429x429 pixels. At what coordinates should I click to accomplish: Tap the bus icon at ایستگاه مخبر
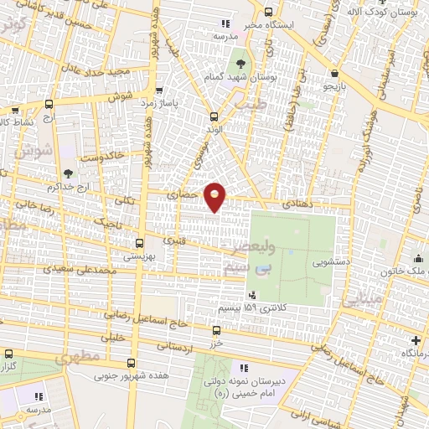tap(268, 12)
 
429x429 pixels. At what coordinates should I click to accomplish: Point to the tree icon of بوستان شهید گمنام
tap(241, 63)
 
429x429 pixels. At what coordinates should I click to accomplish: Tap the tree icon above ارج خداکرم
tap(68, 173)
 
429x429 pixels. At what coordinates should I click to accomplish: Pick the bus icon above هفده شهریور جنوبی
tap(131, 363)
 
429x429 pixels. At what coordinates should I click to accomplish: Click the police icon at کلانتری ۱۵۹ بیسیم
tap(252, 294)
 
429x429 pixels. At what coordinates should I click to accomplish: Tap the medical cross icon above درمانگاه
tap(416, 340)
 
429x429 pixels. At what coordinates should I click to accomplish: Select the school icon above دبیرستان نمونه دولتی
tap(244, 368)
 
